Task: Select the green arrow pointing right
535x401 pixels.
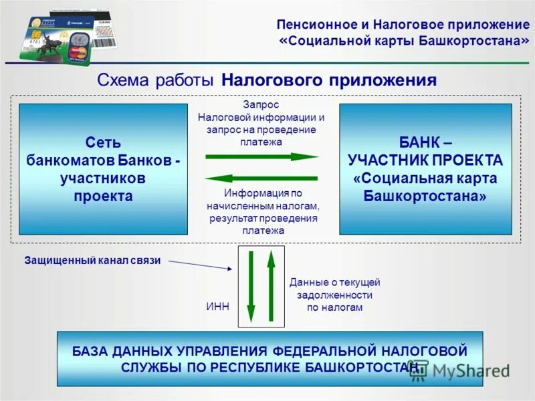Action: (261, 156)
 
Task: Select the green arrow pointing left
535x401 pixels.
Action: (261, 178)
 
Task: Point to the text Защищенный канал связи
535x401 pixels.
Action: (93, 261)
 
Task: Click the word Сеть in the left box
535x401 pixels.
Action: (103, 142)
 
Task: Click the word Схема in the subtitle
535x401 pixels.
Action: (124, 81)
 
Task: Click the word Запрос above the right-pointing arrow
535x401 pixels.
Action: (261, 105)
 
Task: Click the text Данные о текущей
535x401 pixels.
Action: (334, 283)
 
